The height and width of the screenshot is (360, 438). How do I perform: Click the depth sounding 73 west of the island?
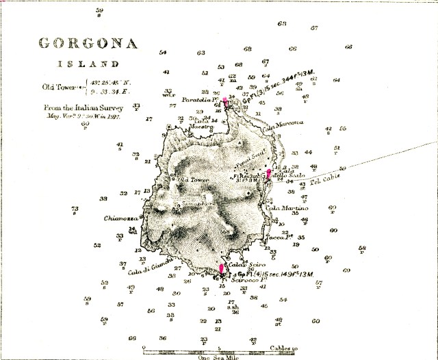click(75, 209)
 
